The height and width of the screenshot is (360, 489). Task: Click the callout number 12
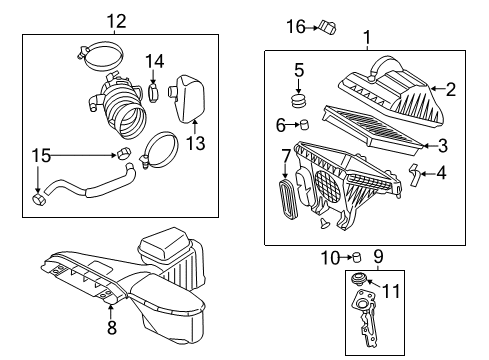click(116, 21)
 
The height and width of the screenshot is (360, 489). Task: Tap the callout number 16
click(296, 26)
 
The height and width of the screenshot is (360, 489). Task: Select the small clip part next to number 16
click(327, 27)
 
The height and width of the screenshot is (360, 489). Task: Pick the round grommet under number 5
click(298, 101)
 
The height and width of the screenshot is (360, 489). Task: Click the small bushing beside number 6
click(304, 125)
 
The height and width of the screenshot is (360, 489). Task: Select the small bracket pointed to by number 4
click(414, 174)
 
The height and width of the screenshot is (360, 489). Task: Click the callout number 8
click(112, 327)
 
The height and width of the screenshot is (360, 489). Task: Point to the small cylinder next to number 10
click(356, 257)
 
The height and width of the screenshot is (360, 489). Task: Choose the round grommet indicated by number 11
click(359, 279)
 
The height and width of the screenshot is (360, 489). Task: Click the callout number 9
click(378, 257)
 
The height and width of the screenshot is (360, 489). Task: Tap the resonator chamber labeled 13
click(187, 99)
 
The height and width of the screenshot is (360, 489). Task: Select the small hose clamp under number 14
click(153, 93)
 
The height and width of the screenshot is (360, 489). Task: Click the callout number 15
click(41, 156)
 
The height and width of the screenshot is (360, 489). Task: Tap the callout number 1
click(367, 38)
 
